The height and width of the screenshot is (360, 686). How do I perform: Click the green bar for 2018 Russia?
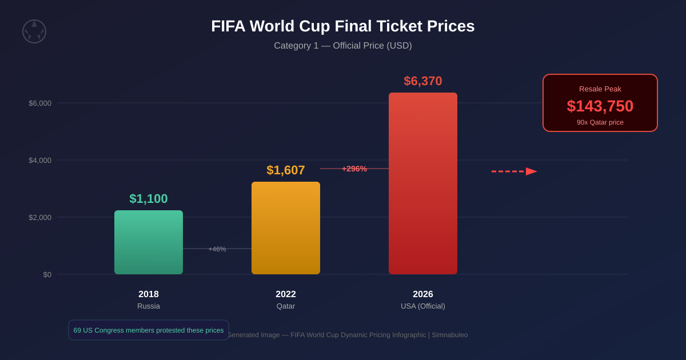click(x=149, y=242)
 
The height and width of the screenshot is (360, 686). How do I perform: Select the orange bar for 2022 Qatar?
click(x=286, y=228)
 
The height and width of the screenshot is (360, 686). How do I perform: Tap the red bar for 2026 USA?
click(x=423, y=183)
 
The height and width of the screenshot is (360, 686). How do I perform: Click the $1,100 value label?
click(x=149, y=199)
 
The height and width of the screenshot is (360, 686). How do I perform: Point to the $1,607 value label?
click(x=286, y=170)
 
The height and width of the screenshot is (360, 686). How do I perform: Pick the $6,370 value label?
click(x=423, y=81)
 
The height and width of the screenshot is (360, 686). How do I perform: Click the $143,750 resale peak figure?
click(x=600, y=106)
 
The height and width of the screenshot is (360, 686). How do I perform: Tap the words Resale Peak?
click(x=600, y=89)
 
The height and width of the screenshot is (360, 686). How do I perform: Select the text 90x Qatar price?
click(x=600, y=122)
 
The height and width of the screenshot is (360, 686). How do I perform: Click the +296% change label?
click(x=354, y=169)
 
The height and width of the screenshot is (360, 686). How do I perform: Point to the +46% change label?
click(x=217, y=249)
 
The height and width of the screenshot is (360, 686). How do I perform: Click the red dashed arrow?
click(x=514, y=171)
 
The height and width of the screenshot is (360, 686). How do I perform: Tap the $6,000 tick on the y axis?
click(x=40, y=103)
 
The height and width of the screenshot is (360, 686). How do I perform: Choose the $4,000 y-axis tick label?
click(x=40, y=161)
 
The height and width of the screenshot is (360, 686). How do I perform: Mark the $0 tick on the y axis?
click(x=47, y=275)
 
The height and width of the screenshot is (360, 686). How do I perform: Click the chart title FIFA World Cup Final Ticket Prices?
click(x=343, y=26)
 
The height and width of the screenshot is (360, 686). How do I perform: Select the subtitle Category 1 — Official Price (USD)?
click(x=343, y=46)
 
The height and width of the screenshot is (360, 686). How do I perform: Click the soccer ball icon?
click(x=34, y=31)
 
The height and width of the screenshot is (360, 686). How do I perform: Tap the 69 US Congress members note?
click(x=149, y=330)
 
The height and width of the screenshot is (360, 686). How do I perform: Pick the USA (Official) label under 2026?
click(x=423, y=306)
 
